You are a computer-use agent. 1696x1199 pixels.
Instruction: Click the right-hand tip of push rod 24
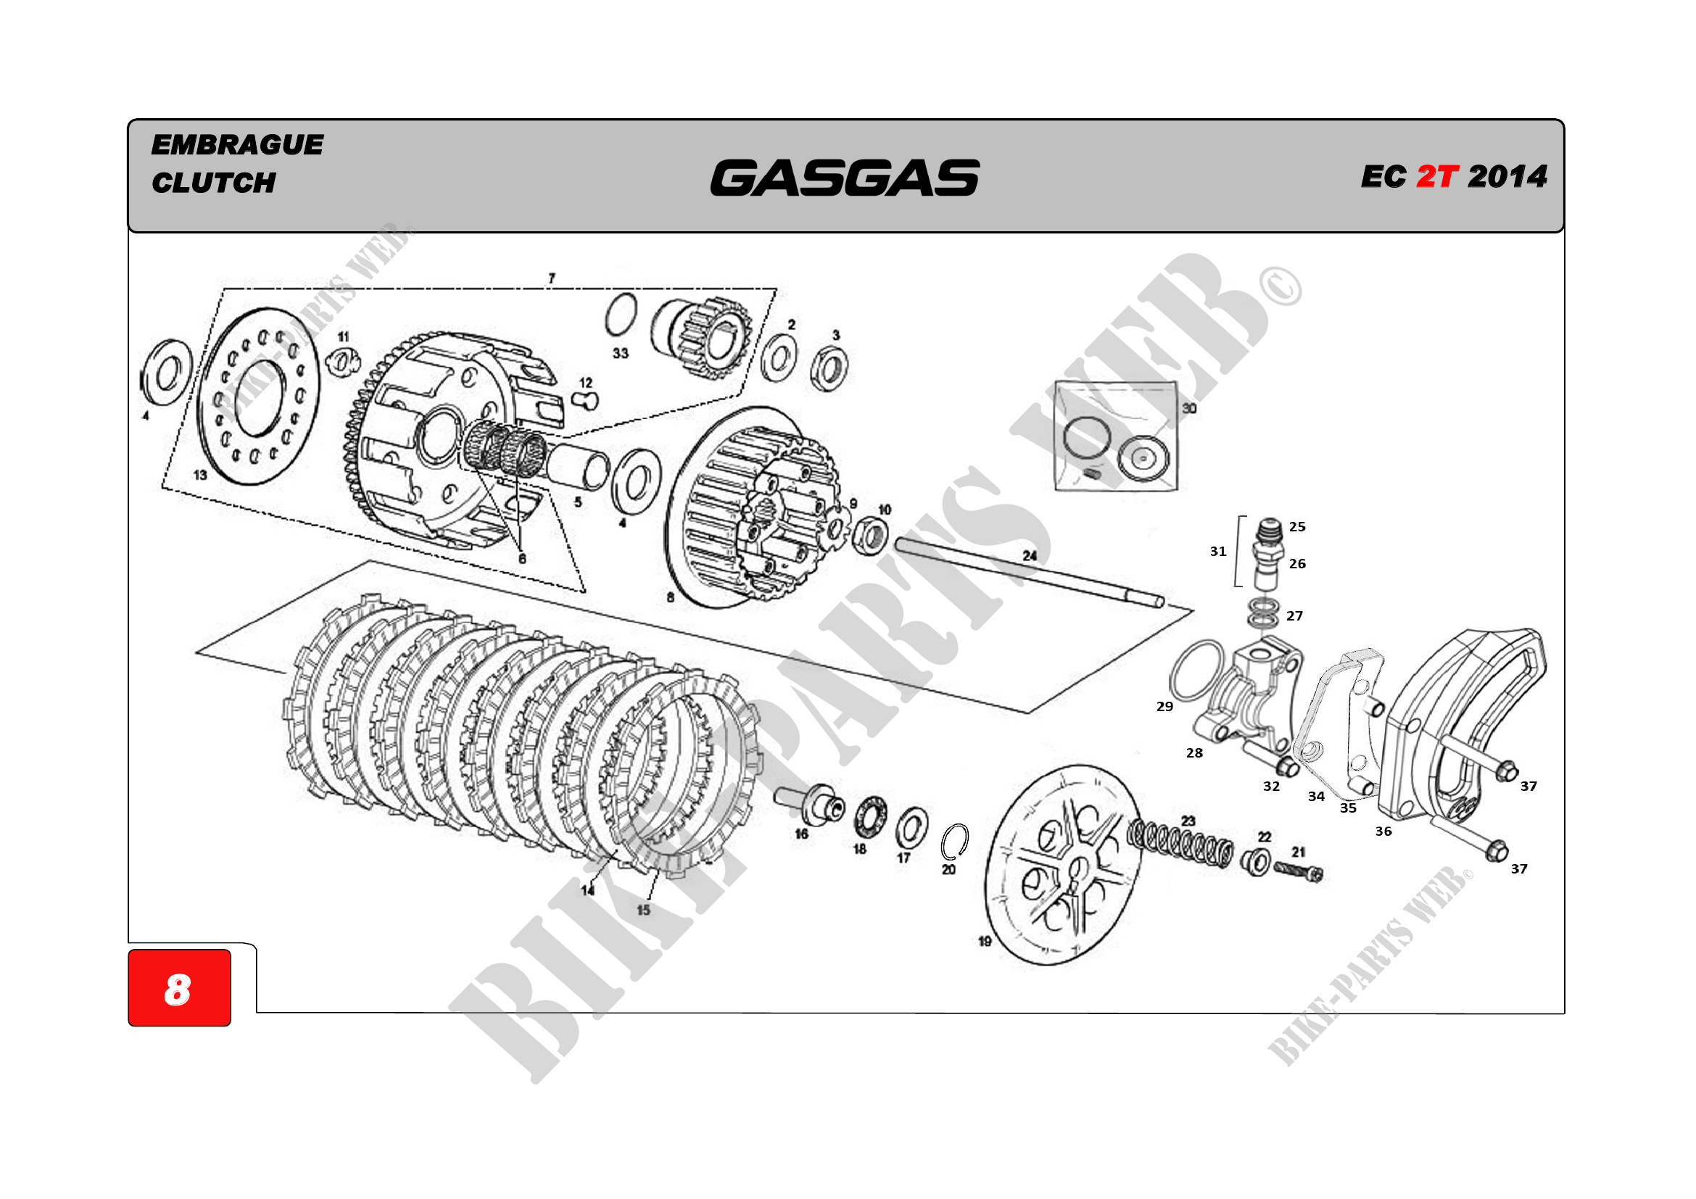click(1162, 602)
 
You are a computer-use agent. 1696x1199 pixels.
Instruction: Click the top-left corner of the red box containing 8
click(128, 950)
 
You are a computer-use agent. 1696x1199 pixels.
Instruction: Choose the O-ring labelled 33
click(621, 315)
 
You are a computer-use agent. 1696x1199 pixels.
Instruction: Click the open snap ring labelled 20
click(955, 842)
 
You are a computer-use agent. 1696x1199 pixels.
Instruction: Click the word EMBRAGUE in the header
click(237, 145)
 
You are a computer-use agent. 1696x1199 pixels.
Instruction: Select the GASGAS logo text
click(845, 178)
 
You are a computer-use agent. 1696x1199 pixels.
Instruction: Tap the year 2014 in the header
click(1507, 176)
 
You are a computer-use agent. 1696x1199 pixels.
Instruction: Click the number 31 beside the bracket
click(1218, 552)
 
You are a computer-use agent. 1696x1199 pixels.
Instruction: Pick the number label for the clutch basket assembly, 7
click(552, 278)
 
